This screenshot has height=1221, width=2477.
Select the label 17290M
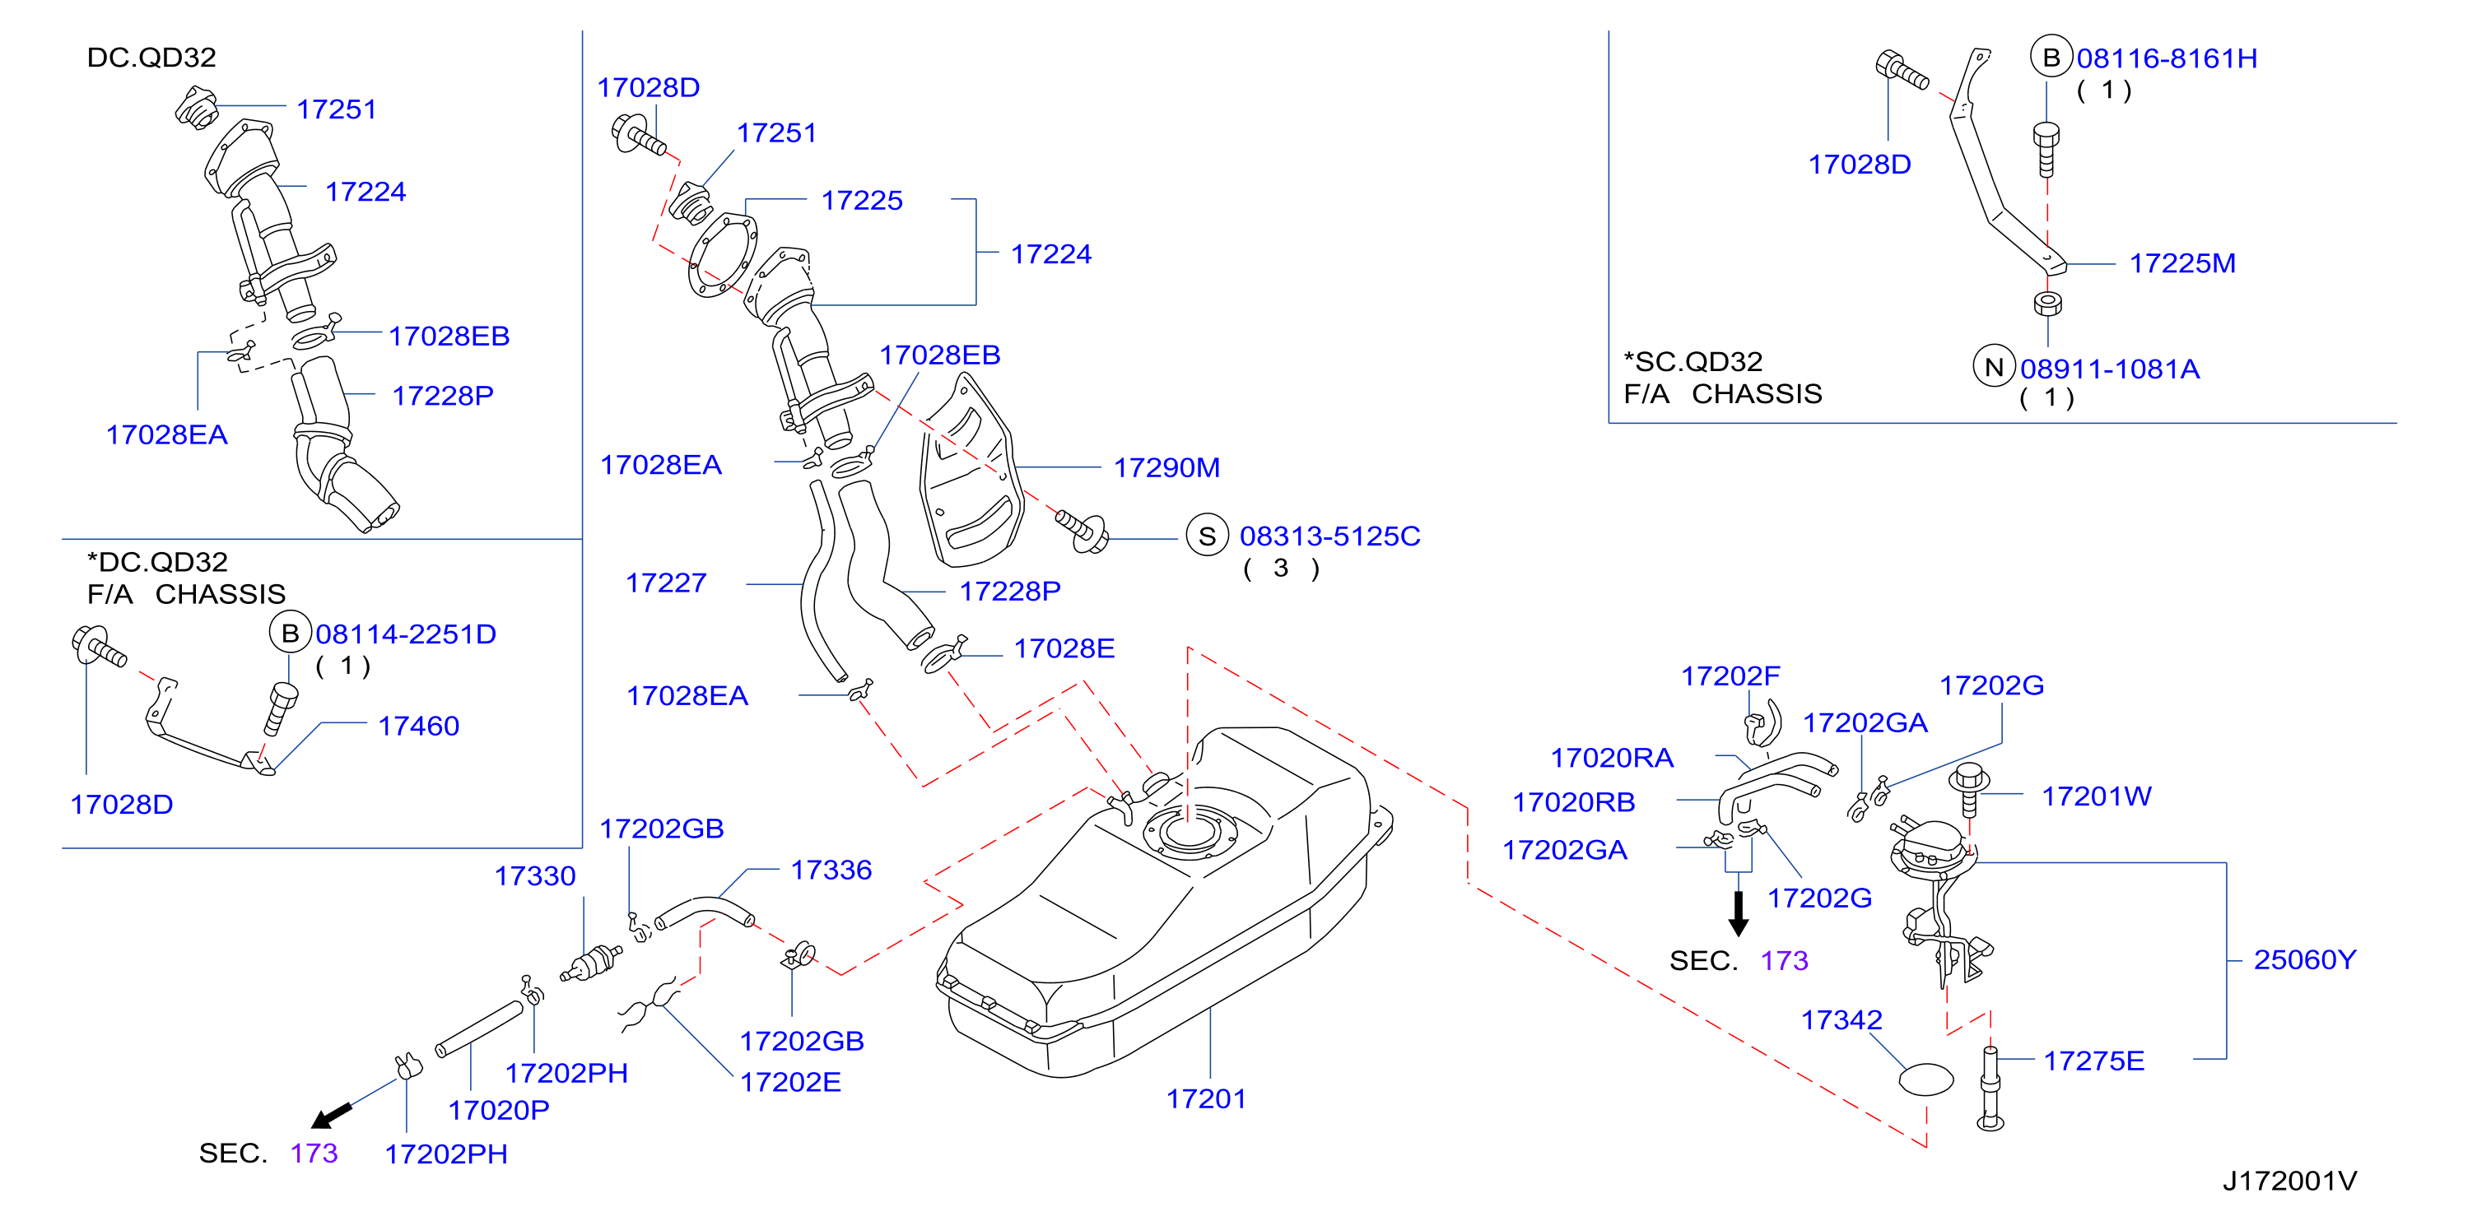pos(1166,468)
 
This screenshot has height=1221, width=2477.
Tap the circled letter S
pos(1208,536)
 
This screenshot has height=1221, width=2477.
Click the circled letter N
pos(1993,367)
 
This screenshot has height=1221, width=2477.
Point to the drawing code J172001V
pos(2289,1181)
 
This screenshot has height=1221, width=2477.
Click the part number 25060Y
pos(2305,959)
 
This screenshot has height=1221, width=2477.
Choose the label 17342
pos(1841,1020)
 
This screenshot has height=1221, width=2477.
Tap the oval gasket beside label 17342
pos(1926,1079)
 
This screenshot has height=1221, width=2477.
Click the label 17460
pos(418,726)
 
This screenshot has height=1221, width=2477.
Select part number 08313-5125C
pos(1329,536)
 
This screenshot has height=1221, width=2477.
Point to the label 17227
pos(666,583)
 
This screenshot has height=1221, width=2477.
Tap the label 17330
pos(534,877)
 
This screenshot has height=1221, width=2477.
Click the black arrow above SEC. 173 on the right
pos(1739,913)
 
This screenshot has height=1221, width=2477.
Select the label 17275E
pos(2093,1061)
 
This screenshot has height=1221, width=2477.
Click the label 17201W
pos(2096,797)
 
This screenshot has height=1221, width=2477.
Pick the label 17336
pos(831,870)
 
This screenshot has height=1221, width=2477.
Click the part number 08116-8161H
pos(2167,58)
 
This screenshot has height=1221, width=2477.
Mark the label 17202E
pos(790,1083)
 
